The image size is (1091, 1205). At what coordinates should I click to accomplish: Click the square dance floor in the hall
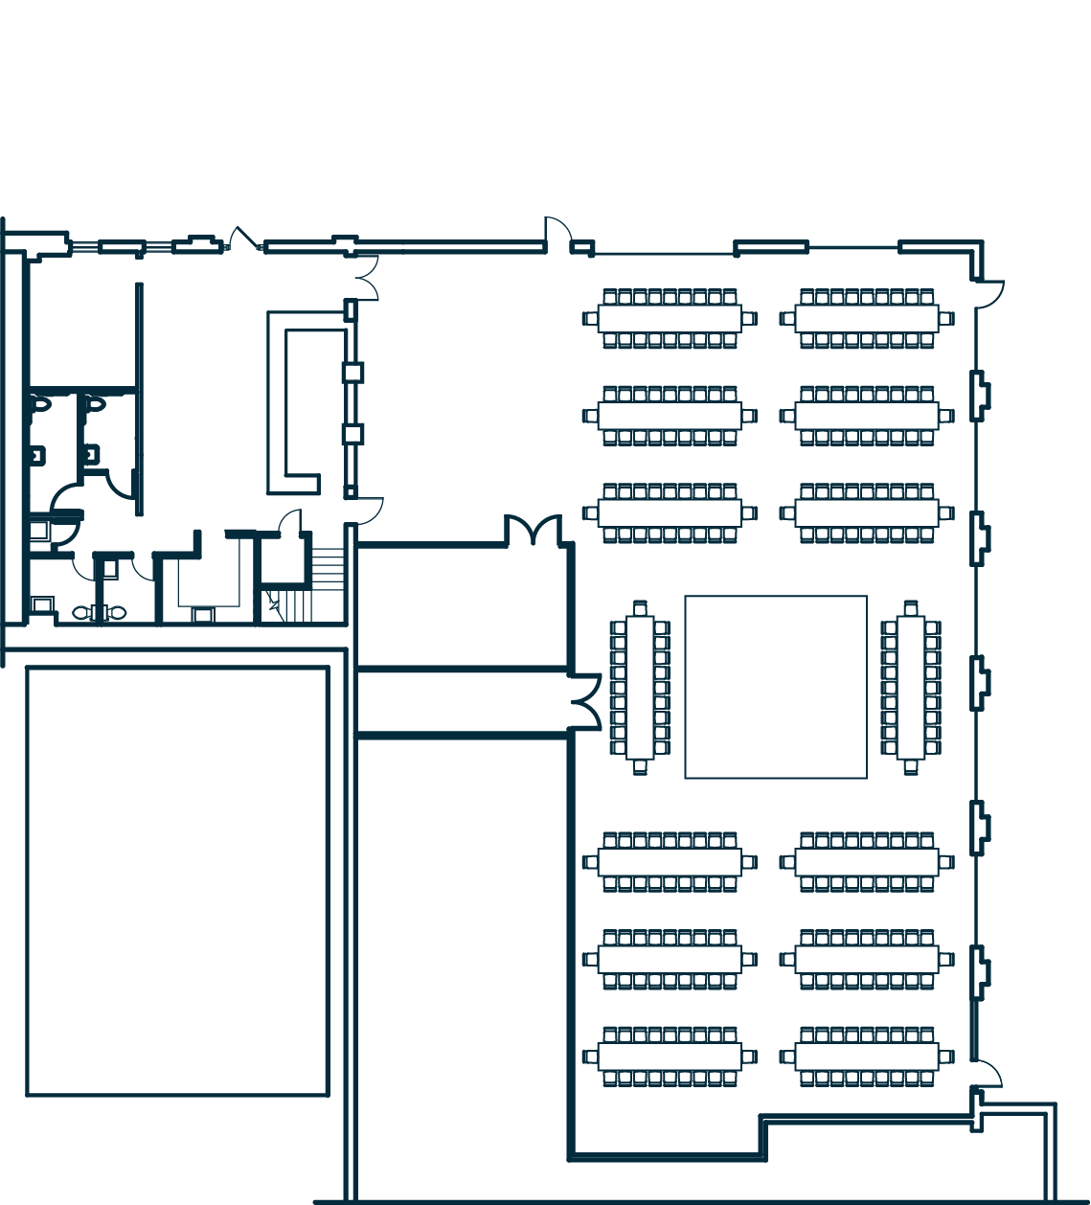pyautogui.click(x=776, y=687)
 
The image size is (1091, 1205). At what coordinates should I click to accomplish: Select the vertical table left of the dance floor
pyautogui.click(x=640, y=687)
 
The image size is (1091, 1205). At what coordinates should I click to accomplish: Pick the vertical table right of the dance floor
pyautogui.click(x=911, y=687)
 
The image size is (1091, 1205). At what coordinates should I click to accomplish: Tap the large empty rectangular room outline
pyautogui.click(x=178, y=881)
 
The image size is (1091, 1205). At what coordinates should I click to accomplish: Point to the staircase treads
pyautogui.click(x=327, y=570)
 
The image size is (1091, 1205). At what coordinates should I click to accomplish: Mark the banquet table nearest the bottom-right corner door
pyautogui.click(x=867, y=1057)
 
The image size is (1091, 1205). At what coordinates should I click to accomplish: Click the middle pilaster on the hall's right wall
pyautogui.click(x=980, y=682)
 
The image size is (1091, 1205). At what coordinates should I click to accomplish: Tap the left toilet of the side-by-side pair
pyautogui.click(x=82, y=612)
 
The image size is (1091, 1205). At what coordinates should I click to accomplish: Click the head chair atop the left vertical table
pyautogui.click(x=640, y=607)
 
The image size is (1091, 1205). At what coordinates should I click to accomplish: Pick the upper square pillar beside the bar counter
pyautogui.click(x=352, y=373)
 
